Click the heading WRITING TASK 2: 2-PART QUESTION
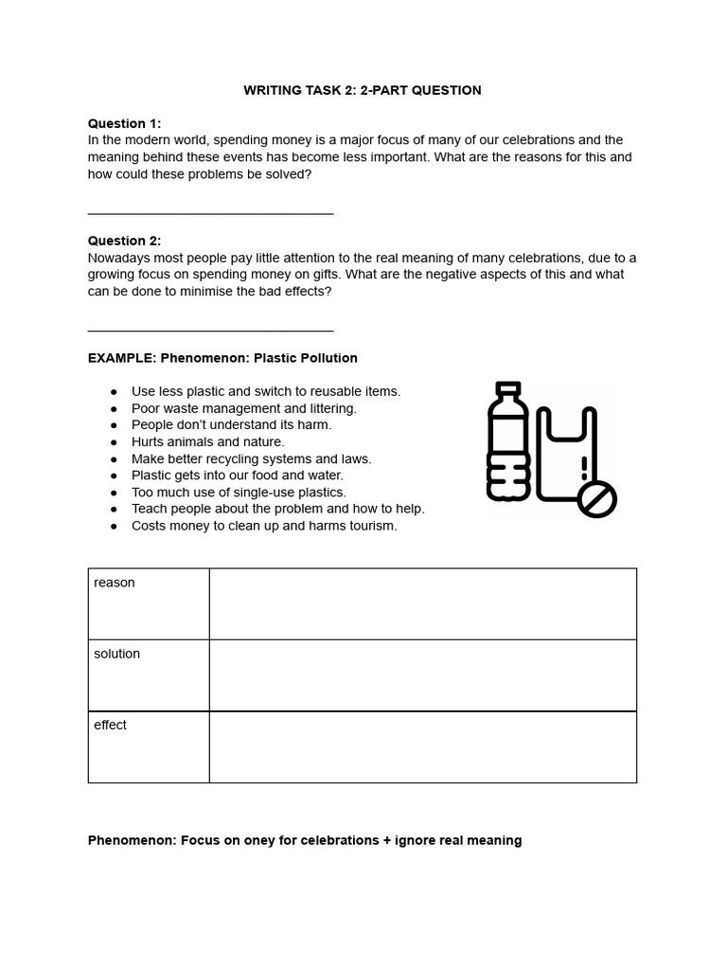[x=363, y=90]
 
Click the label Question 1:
[x=124, y=123]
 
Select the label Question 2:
[x=124, y=241]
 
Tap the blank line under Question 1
[x=210, y=213]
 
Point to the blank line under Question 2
[x=210, y=331]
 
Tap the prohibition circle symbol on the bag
[x=596, y=499]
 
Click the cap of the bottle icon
[x=508, y=388]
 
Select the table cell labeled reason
[x=149, y=603]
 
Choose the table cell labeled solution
[x=149, y=674]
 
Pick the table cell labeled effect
[x=149, y=746]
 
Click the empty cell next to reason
[x=422, y=603]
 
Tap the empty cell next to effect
[x=422, y=746]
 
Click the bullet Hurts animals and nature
[x=207, y=441]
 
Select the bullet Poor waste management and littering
[x=243, y=408]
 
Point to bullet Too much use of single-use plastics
[x=239, y=493]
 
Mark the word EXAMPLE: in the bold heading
[x=122, y=358]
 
